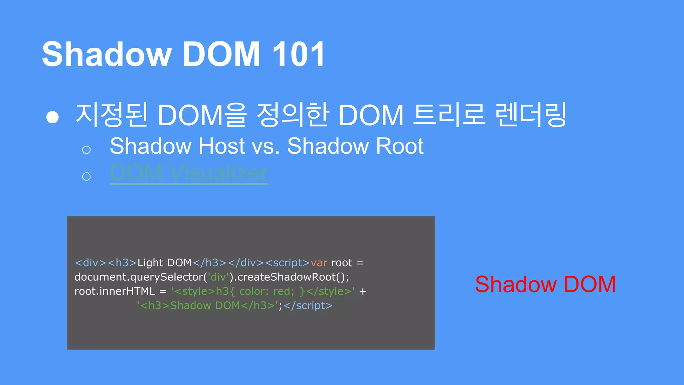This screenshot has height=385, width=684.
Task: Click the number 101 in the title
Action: (298, 54)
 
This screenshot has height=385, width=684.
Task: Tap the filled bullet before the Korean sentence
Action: (52, 117)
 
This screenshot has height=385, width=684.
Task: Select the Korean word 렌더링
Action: (530, 115)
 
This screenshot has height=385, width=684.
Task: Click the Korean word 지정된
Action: (112, 115)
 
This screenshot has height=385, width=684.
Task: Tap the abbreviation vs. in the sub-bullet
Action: (266, 146)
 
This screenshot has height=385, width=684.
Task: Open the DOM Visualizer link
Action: (189, 173)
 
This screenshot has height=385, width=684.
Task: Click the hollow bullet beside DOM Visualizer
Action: (86, 176)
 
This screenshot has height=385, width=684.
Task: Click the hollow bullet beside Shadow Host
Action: (86, 150)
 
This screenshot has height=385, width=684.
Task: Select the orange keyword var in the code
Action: (319, 263)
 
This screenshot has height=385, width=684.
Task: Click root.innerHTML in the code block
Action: (115, 291)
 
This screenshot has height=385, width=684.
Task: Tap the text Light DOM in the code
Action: (165, 263)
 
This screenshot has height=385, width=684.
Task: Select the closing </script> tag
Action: (308, 305)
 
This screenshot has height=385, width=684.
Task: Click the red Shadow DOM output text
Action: (545, 284)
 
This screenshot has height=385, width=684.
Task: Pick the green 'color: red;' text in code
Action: (267, 291)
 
